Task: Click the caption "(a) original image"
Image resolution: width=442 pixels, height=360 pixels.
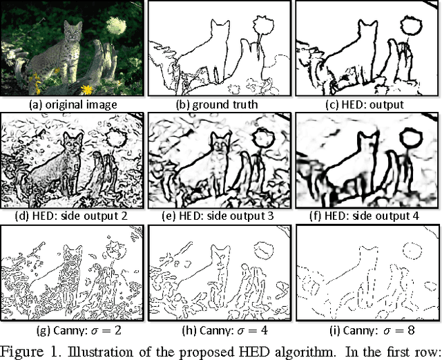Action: pyautogui.click(x=73, y=104)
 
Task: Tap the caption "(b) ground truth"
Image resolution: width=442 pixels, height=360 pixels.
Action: pyautogui.click(x=217, y=104)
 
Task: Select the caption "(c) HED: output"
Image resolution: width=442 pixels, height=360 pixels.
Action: pyautogui.click(x=365, y=104)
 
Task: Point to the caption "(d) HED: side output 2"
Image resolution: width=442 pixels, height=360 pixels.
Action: pyautogui.click(x=72, y=216)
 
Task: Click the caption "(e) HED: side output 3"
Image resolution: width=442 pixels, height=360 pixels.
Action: pyautogui.click(x=218, y=216)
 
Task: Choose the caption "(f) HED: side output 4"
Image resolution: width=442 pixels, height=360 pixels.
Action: pyautogui.click(x=364, y=216)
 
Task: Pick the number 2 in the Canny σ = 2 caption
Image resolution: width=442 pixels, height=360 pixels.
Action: pyautogui.click(x=117, y=330)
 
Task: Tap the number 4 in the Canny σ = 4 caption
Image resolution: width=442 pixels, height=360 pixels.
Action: pyautogui.click(x=264, y=330)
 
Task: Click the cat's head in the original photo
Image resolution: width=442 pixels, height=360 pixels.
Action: pyautogui.click(x=73, y=31)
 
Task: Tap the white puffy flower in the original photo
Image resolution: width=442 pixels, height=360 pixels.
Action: pyautogui.click(x=115, y=26)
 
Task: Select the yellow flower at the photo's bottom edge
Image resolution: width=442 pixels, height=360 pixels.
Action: pyautogui.click(x=87, y=90)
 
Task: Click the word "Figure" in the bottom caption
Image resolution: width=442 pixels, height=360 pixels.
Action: pyautogui.click(x=23, y=352)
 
